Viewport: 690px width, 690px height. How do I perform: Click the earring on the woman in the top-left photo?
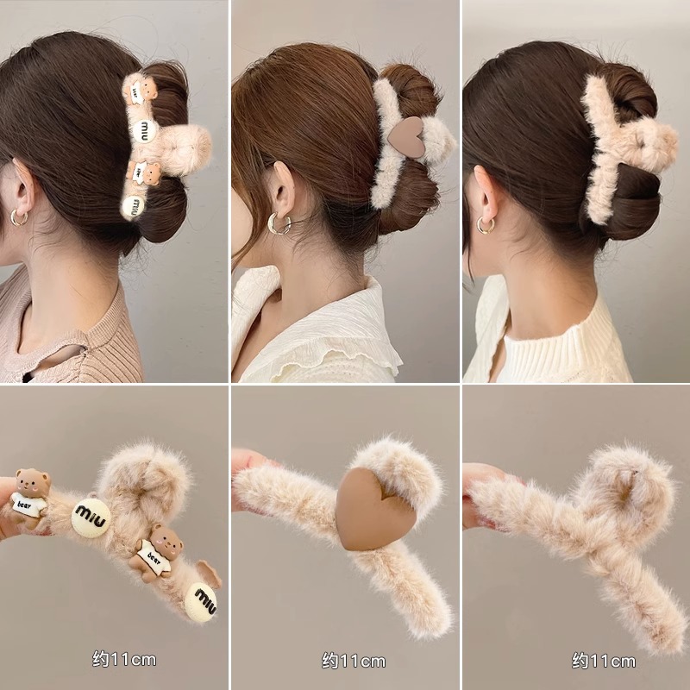[x=19, y=218]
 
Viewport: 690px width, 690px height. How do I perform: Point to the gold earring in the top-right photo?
[x=486, y=225]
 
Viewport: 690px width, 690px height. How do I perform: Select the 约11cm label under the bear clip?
[x=123, y=660]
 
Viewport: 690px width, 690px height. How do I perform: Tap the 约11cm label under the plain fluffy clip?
[x=603, y=661]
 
